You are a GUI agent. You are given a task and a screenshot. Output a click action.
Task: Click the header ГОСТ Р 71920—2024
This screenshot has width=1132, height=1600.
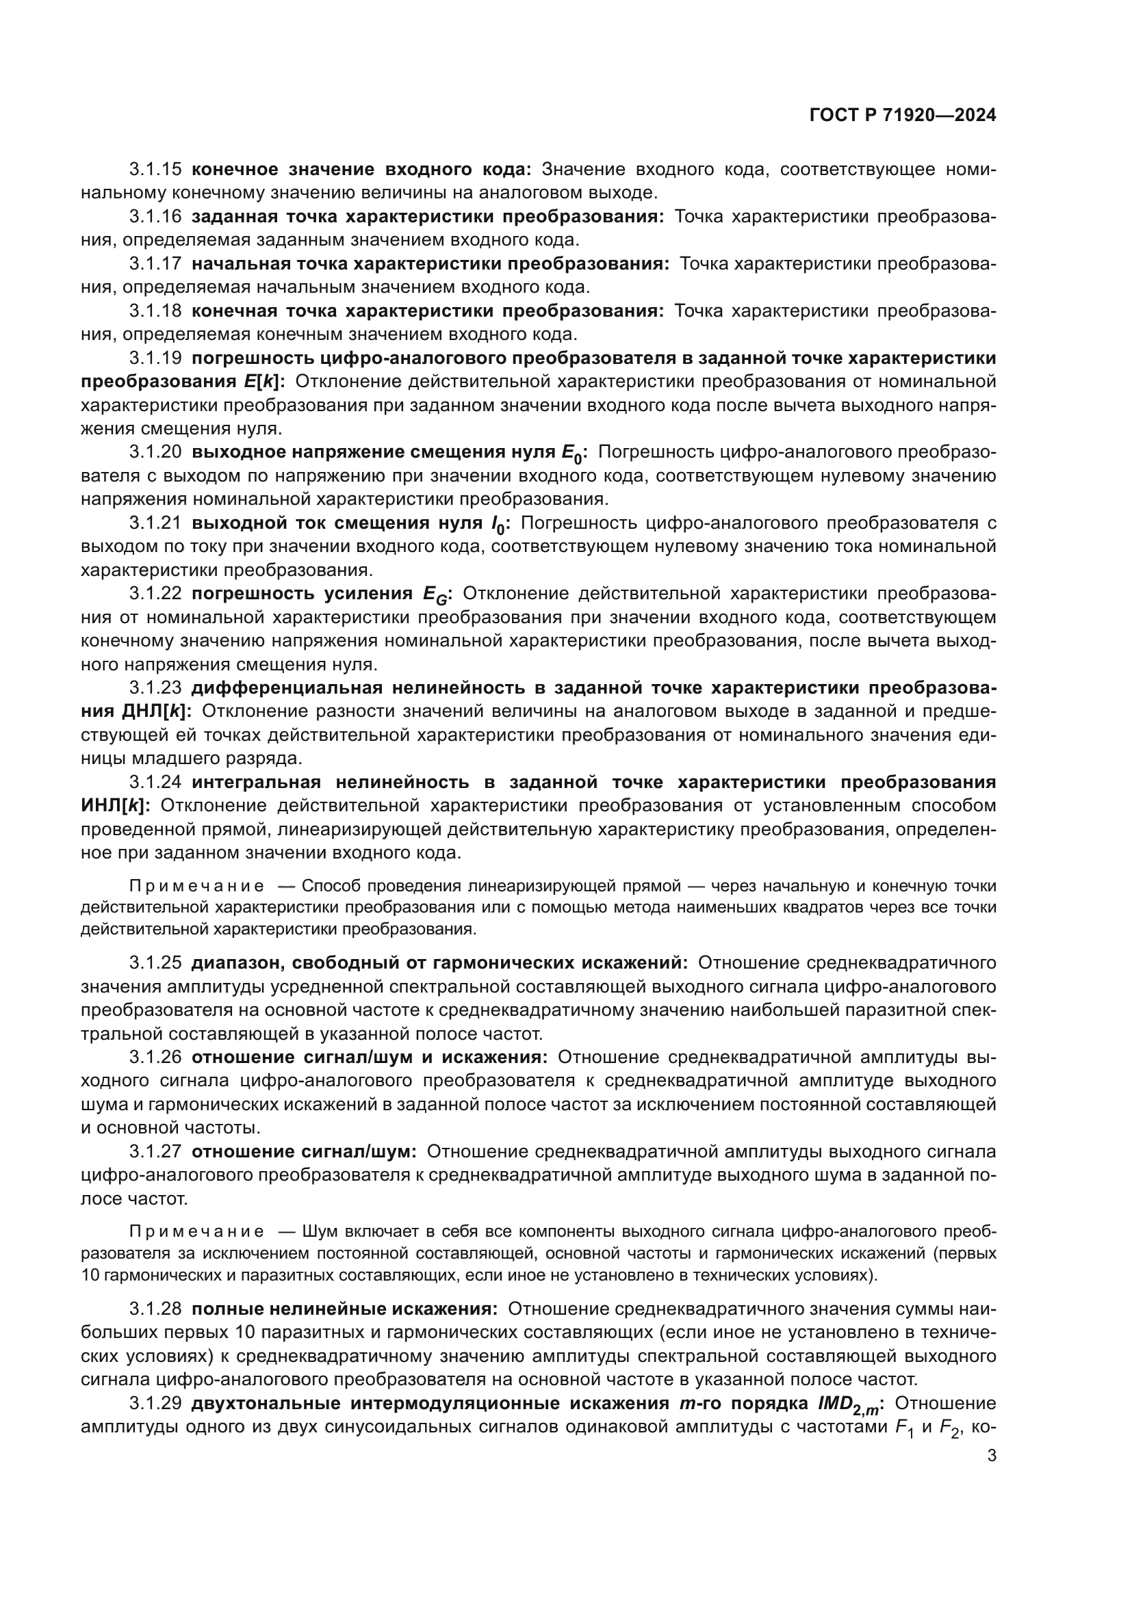[903, 116]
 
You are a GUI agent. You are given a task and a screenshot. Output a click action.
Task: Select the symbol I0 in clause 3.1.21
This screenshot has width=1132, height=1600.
[499, 525]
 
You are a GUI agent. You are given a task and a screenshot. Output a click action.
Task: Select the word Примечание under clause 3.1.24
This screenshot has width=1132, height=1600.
[196, 887]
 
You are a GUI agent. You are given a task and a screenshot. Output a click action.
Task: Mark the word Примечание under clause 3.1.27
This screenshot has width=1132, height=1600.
[196, 1231]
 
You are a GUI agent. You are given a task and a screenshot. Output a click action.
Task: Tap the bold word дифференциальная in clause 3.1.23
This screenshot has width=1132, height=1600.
[287, 687]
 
